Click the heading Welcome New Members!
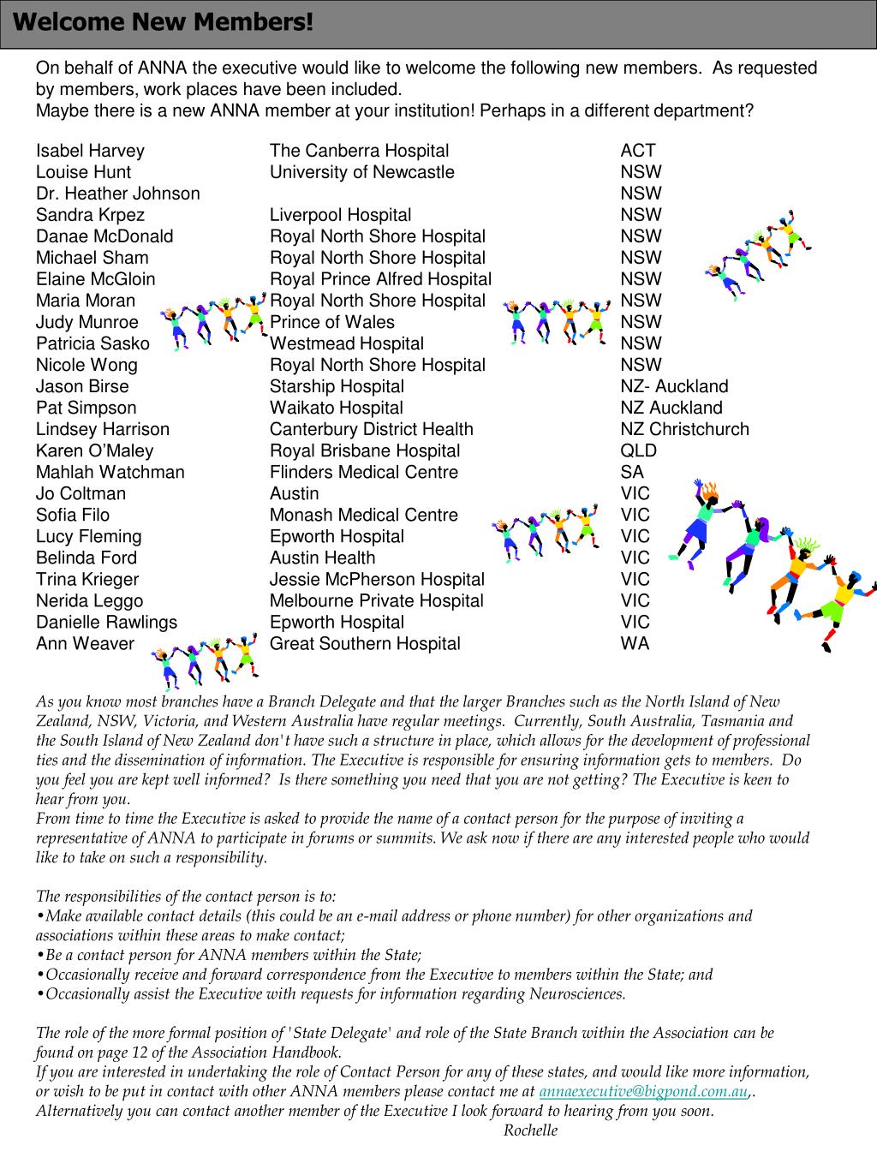(x=163, y=22)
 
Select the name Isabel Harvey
(x=90, y=151)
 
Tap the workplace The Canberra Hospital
(x=359, y=151)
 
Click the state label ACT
(x=638, y=151)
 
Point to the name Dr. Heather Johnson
(x=117, y=194)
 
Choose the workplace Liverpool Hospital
(x=340, y=215)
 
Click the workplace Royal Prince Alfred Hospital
(x=380, y=279)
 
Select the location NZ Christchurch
(x=684, y=429)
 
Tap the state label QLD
(x=639, y=450)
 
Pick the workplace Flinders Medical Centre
(x=363, y=472)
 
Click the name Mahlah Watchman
(x=110, y=472)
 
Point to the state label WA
(x=635, y=643)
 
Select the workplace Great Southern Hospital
(x=365, y=643)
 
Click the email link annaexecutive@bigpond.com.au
(x=643, y=1092)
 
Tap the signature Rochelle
(x=530, y=1130)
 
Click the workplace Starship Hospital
(x=337, y=386)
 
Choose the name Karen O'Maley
(x=94, y=450)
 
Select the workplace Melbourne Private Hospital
(x=376, y=600)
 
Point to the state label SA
(x=632, y=472)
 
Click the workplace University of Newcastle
(x=361, y=172)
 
